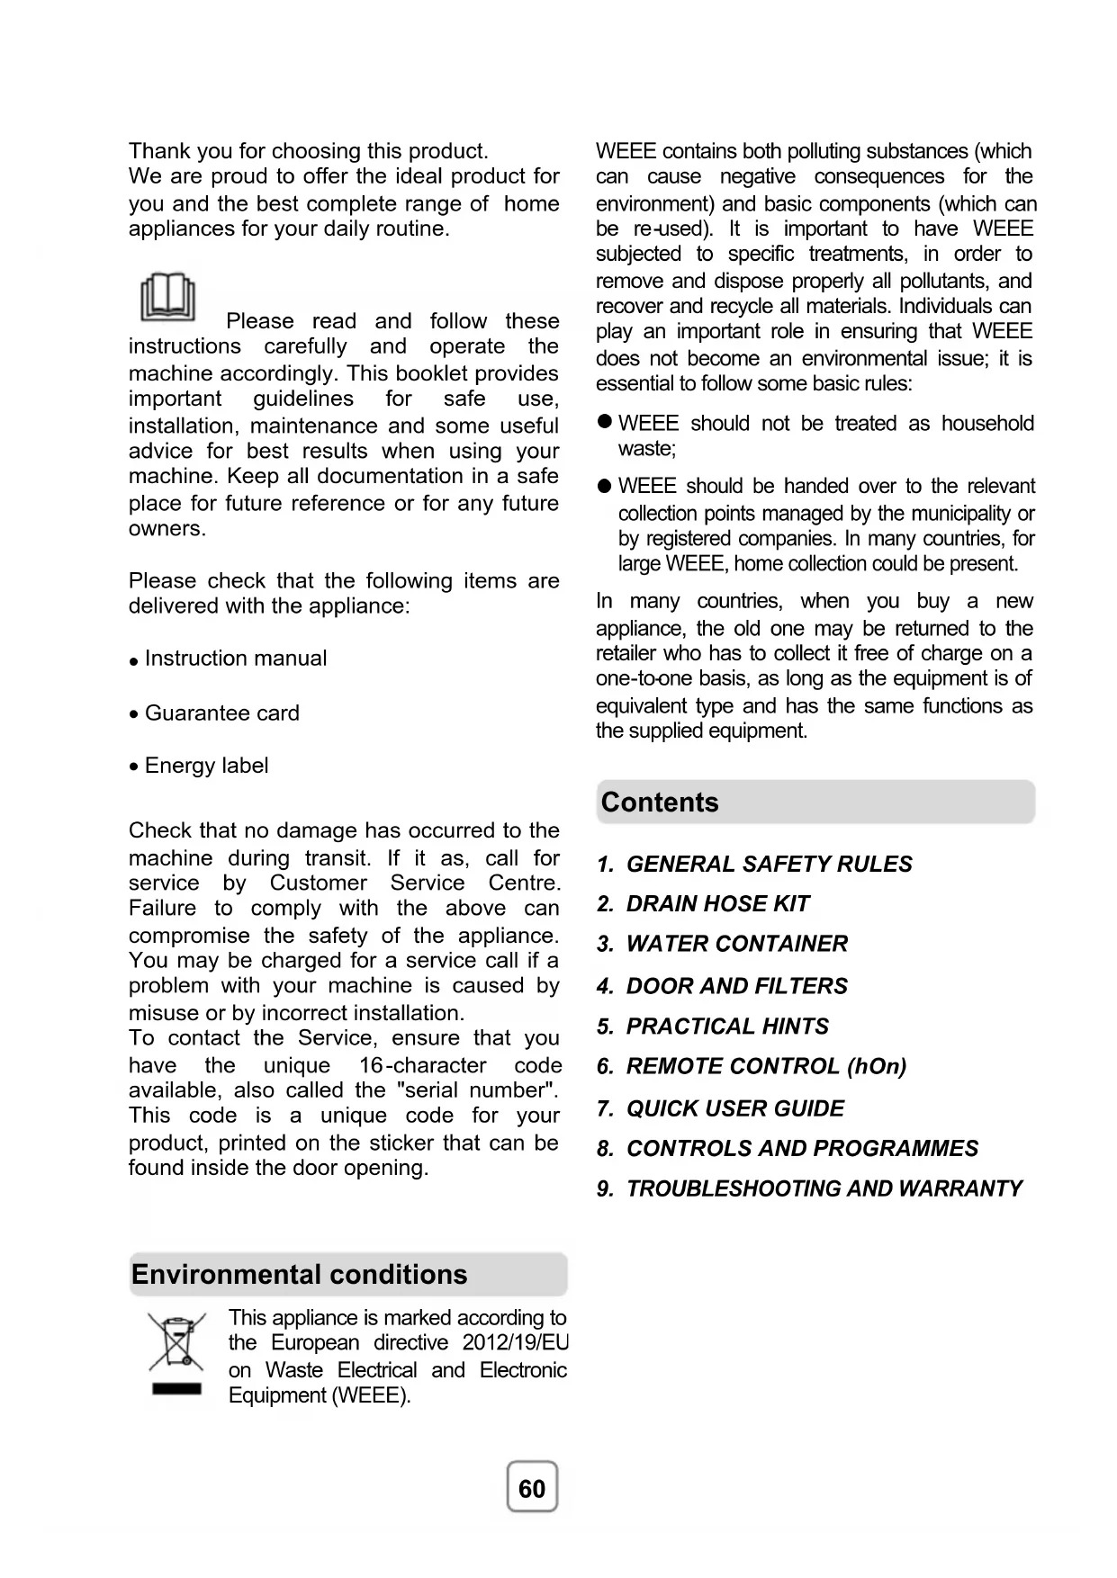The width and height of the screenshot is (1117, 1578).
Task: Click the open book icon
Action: pyautogui.click(x=167, y=297)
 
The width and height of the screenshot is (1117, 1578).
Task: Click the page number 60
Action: pyautogui.click(x=532, y=1488)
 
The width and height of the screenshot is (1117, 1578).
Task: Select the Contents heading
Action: pyautogui.click(x=660, y=802)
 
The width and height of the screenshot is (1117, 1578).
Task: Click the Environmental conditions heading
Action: pyautogui.click(x=300, y=1275)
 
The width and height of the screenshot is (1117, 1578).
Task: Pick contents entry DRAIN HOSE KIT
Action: pyautogui.click(x=717, y=904)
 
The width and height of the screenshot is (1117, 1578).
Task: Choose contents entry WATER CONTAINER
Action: pyautogui.click(x=736, y=944)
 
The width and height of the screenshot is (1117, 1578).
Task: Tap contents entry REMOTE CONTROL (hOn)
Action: pyautogui.click(x=766, y=1066)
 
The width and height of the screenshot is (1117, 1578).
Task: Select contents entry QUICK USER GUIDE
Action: pyautogui.click(x=734, y=1108)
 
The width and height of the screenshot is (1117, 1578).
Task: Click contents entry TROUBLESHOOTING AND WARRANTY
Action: pyautogui.click(x=824, y=1188)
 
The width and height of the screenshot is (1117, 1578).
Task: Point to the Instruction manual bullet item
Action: pyautogui.click(x=235, y=659)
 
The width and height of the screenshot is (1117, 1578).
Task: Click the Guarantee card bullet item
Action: pyautogui.click(x=221, y=713)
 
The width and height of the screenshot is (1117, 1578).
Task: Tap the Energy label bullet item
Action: pyautogui.click(x=206, y=766)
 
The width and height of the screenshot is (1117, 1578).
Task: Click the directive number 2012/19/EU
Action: pyautogui.click(x=516, y=1343)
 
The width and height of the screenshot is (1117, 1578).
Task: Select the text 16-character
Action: pyautogui.click(x=422, y=1066)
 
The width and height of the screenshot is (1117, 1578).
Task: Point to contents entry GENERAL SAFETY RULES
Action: pyautogui.click(x=769, y=865)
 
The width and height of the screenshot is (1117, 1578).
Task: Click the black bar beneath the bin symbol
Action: pyautogui.click(x=176, y=1389)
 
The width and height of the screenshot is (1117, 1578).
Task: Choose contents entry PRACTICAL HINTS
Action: pyautogui.click(x=727, y=1027)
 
